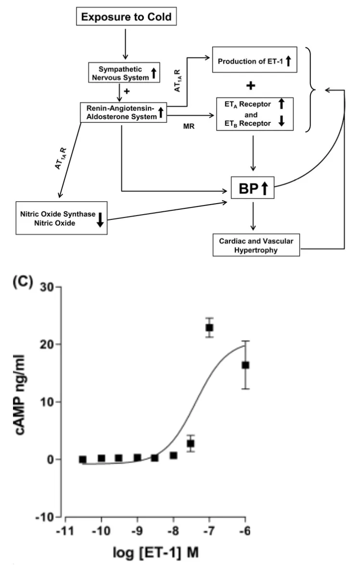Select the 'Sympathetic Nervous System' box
click(x=124, y=73)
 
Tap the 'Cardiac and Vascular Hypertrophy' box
click(x=255, y=245)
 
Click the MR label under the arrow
click(x=187, y=126)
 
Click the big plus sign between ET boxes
click(x=250, y=86)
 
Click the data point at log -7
click(x=209, y=328)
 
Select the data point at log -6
click(x=245, y=365)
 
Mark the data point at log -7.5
click(x=191, y=443)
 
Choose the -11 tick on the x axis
click(x=65, y=532)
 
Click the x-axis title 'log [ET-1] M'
click(x=154, y=554)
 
